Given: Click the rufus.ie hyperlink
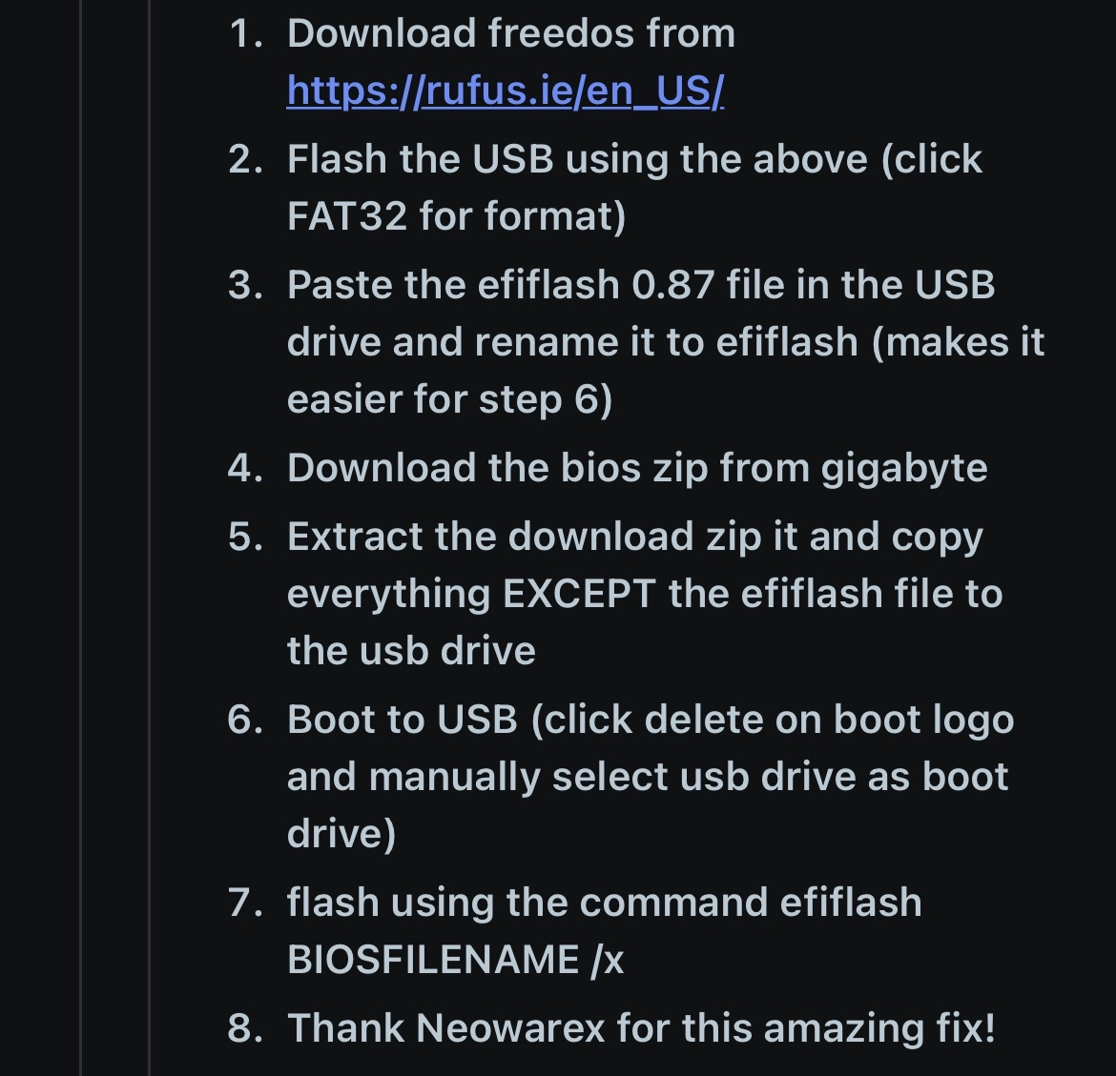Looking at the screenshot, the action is click(x=506, y=91).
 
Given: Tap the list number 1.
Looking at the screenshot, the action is click(x=245, y=33).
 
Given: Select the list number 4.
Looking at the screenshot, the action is click(x=245, y=468).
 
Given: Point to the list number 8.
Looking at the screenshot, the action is click(x=245, y=1028).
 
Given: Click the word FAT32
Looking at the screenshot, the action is click(x=347, y=215).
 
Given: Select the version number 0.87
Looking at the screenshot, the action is click(x=672, y=284).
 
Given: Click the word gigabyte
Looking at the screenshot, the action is click(x=904, y=469).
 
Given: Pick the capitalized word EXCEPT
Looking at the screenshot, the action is click(x=579, y=594).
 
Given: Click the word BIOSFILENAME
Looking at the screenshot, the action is click(x=433, y=960).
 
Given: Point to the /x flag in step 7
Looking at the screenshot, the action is click(x=607, y=960).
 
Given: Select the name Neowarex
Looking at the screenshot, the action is click(x=509, y=1028).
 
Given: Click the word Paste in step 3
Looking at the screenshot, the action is click(x=340, y=284).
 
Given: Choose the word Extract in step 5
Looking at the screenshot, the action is click(x=355, y=537).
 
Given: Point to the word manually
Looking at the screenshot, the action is click(x=454, y=778).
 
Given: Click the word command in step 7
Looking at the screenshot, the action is click(x=673, y=903).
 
